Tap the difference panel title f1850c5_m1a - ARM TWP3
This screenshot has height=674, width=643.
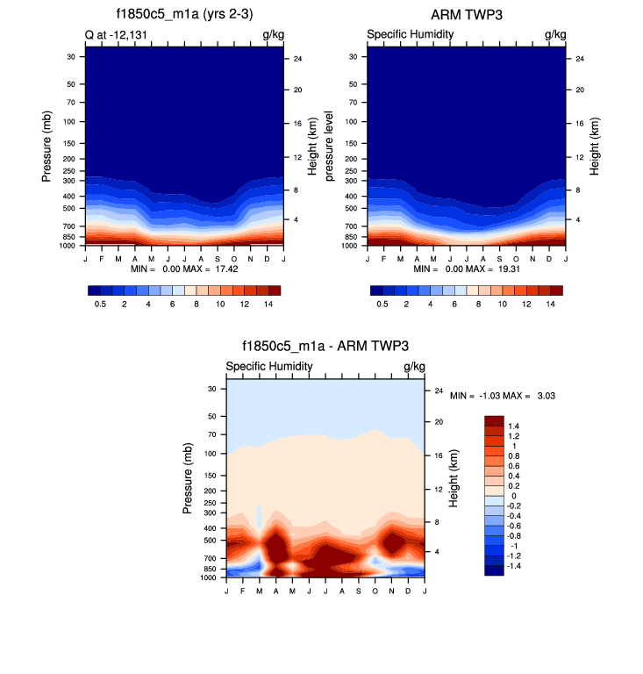coord(325,347)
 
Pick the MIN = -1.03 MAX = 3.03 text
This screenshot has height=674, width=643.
coord(503,396)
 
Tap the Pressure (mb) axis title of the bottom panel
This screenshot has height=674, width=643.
coord(189,478)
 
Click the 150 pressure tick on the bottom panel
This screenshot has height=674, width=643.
coord(210,475)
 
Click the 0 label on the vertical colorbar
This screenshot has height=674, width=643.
coord(513,496)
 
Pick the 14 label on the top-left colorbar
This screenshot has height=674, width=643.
coord(268,304)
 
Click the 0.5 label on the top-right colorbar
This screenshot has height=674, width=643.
coord(382,304)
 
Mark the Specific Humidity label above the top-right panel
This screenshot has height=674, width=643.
coord(410,35)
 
